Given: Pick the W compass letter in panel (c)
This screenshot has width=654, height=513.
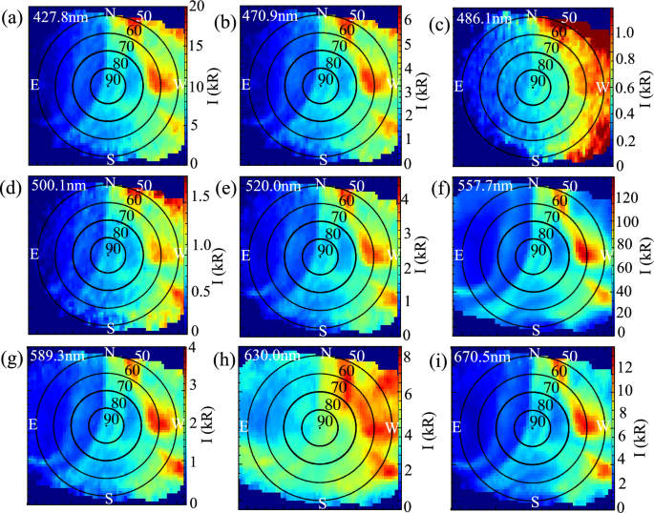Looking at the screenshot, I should pyautogui.click(x=601, y=87).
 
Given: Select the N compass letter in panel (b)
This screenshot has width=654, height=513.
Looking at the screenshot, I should pyautogui.click(x=322, y=11).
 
